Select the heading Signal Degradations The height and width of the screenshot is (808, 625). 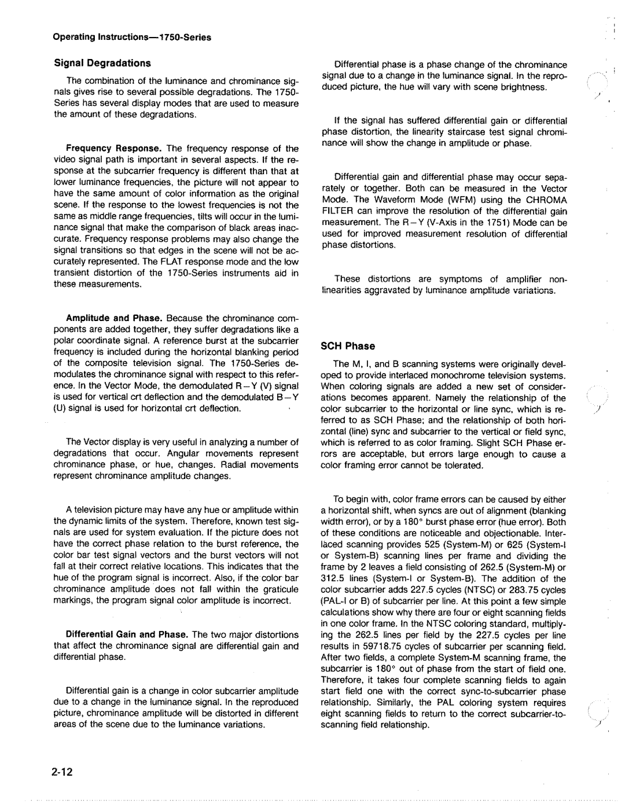point(102,62)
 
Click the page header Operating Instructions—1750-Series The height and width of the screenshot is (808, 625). point(132,38)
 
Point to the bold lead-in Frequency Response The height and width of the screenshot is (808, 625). point(101,149)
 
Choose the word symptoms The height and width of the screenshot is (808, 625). point(445,279)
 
